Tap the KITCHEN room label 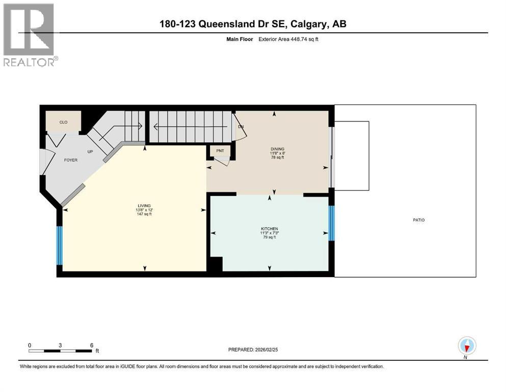269,229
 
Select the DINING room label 277,149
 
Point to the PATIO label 418,220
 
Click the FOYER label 70,160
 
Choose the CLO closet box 63,122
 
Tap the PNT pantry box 220,151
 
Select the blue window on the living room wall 59,246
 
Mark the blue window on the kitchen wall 331,223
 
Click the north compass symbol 467,346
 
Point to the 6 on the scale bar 91,345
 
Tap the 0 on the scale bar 30,345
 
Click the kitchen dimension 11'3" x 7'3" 269,233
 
